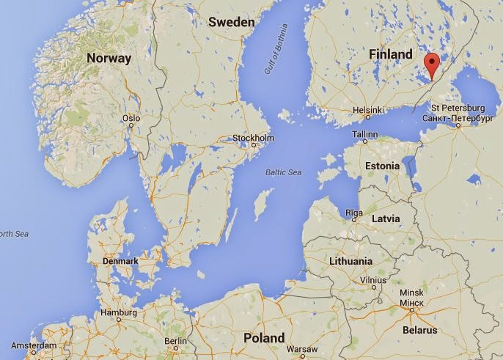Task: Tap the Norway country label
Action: coord(109,58)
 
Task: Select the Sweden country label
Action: coord(231,22)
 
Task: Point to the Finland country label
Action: coord(392,55)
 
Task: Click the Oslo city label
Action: coord(131,117)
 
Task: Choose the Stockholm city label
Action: coord(253,139)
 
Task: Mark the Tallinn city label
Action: coord(364,135)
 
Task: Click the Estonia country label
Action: coord(383,166)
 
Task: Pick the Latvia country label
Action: coord(386,218)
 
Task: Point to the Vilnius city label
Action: coord(374,280)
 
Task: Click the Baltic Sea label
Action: coord(284,172)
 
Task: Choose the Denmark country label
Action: coord(120,261)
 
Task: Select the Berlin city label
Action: coord(176,341)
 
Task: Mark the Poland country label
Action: coord(264,338)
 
